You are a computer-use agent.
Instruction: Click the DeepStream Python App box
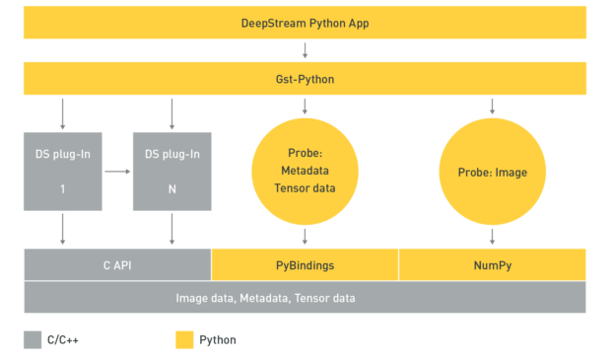coord(305,22)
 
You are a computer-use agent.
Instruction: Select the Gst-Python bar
coord(305,78)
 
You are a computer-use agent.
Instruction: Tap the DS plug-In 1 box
coord(63,170)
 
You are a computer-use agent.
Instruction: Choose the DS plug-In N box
coord(171,170)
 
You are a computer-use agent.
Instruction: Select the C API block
coord(117,264)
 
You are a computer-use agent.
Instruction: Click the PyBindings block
coord(305,264)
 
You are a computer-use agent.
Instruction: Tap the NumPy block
coord(492,264)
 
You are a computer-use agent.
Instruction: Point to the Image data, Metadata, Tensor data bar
coord(305,297)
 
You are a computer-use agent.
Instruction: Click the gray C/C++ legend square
coord(33,339)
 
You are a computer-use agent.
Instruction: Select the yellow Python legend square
coord(184,339)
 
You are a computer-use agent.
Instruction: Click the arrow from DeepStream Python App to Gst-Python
coord(305,49)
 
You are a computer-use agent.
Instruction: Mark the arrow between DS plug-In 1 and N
coord(117,170)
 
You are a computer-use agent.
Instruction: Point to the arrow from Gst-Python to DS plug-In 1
coord(63,110)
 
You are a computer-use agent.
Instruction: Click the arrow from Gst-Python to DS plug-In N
coord(171,110)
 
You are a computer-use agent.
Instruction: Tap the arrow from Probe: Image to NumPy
coord(492,237)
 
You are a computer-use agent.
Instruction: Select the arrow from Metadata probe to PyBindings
coord(305,237)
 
